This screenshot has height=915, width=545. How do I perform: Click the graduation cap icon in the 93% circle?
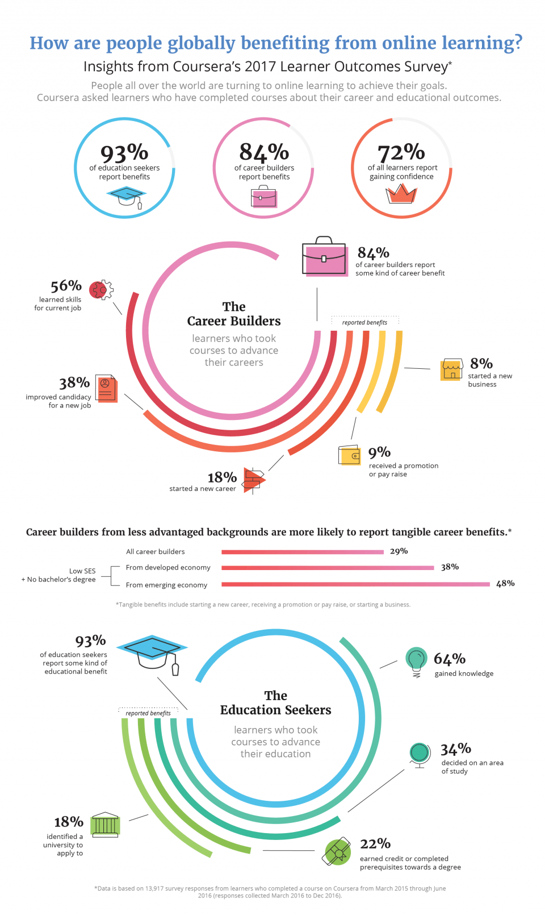(127, 197)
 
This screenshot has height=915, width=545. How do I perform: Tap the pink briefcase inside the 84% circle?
(263, 197)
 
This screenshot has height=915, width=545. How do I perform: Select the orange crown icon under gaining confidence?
(401, 194)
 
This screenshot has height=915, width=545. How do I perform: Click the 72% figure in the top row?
(401, 152)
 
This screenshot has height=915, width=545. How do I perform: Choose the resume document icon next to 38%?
(106, 388)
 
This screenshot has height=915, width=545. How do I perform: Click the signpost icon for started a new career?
(253, 480)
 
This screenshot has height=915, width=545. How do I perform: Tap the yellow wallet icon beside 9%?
(349, 455)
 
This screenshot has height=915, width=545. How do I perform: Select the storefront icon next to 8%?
(451, 369)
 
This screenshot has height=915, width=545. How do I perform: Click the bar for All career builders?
(303, 552)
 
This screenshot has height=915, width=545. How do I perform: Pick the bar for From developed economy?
(328, 568)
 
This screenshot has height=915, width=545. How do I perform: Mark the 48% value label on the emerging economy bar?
(505, 583)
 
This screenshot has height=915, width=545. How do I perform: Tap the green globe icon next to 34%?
(420, 754)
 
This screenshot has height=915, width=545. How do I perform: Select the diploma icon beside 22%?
(337, 851)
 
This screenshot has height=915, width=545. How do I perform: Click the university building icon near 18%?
(106, 825)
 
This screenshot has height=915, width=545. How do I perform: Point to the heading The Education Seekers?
(275, 703)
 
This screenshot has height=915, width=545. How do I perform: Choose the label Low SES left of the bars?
(82, 571)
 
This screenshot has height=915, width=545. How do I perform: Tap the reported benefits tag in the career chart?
(364, 322)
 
